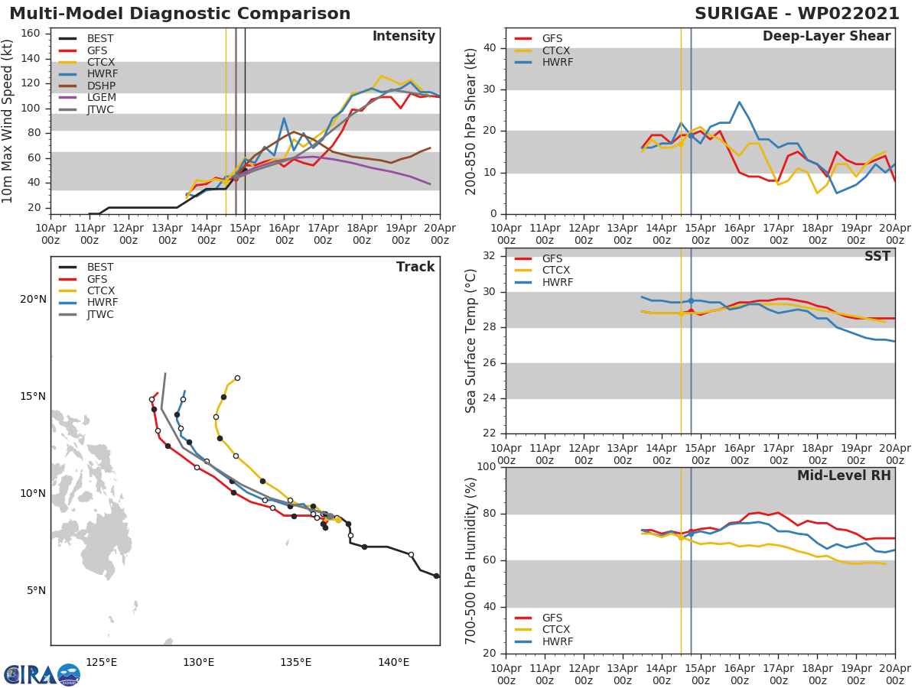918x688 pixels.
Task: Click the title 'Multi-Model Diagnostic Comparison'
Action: pyautogui.click(x=180, y=14)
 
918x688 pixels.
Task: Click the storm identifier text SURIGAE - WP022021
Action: pyautogui.click(x=796, y=14)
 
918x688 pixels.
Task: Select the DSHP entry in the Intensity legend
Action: pyautogui.click(x=100, y=86)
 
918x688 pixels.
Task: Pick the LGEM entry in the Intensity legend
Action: pyautogui.click(x=100, y=98)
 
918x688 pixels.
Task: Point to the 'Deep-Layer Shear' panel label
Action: pyautogui.click(x=826, y=37)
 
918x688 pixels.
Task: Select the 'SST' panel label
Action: pyautogui.click(x=877, y=257)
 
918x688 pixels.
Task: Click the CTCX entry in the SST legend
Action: pyautogui.click(x=555, y=271)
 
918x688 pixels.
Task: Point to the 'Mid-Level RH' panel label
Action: pyautogui.click(x=844, y=475)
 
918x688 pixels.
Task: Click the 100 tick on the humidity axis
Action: pyautogui.click(x=487, y=467)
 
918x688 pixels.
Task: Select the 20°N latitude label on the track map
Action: pyautogui.click(x=33, y=299)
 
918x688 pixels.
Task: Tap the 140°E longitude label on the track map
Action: pyautogui.click(x=393, y=662)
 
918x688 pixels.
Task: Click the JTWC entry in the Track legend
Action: pyautogui.click(x=100, y=315)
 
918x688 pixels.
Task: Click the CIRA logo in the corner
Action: pyautogui.click(x=42, y=674)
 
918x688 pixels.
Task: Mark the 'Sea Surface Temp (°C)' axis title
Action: pyautogui.click(x=472, y=340)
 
